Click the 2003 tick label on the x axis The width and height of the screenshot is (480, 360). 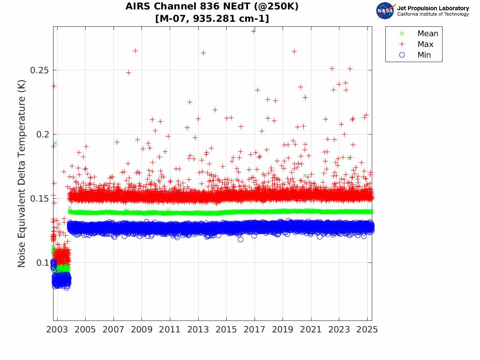[x=57, y=330]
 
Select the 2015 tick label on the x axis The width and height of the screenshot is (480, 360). [x=226, y=330]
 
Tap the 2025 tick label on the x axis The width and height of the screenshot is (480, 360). [x=367, y=330]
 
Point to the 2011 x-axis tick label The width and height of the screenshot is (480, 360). [x=170, y=330]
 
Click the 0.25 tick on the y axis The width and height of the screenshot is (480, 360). [x=40, y=70]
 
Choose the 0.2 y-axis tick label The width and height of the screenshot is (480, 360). [x=42, y=135]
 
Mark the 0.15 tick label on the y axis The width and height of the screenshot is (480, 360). [x=40, y=199]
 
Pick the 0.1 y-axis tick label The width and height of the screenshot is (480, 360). [x=42, y=263]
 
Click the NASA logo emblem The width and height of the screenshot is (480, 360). [x=385, y=11]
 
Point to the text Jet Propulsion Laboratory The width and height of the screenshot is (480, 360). [x=433, y=8]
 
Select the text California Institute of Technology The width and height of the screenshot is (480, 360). [x=433, y=14]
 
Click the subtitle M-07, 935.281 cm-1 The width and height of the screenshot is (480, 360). [x=212, y=19]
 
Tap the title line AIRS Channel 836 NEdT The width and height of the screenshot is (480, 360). [x=212, y=7]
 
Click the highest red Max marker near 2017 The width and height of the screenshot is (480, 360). [x=254, y=31]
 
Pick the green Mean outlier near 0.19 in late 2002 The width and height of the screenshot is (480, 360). [x=55, y=143]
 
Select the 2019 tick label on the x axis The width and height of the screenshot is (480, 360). [x=283, y=330]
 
